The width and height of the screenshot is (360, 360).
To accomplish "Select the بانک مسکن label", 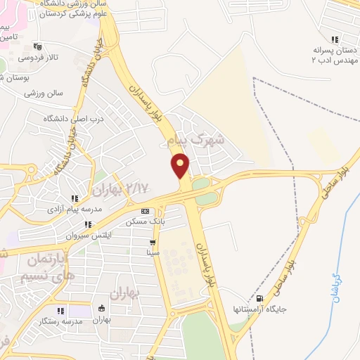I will tap(146, 221).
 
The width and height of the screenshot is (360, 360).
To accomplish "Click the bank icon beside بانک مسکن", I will tap(146, 211).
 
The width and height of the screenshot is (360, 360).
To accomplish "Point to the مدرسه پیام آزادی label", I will tap(75, 210).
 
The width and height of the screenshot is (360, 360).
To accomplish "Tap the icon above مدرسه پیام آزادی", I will tap(75, 199).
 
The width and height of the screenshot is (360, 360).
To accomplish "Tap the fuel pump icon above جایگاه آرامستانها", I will tap(262, 299).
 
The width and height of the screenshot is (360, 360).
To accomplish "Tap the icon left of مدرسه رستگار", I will tap(60, 310).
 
